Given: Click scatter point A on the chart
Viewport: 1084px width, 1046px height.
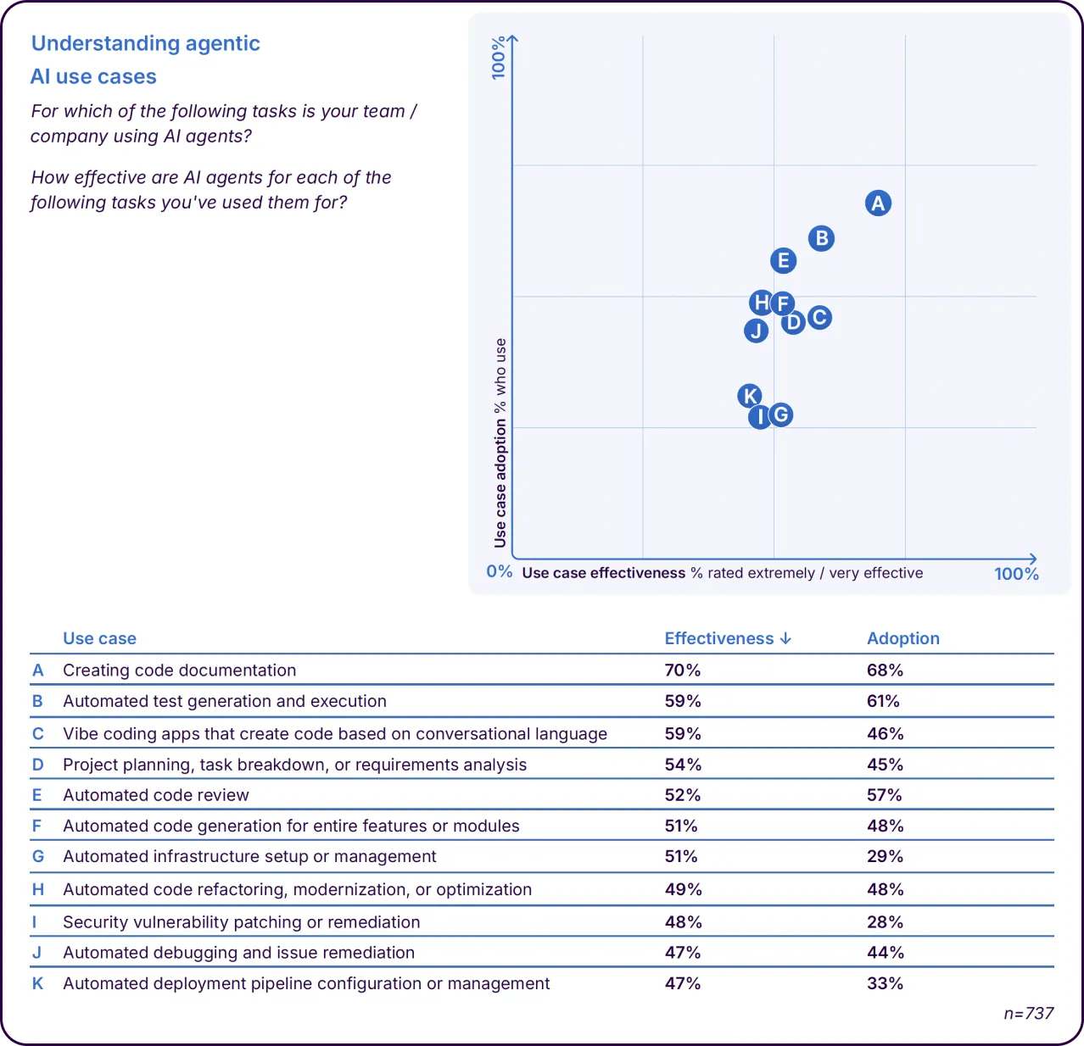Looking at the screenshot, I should [x=878, y=203].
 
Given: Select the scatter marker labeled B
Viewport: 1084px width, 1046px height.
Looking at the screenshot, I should [x=821, y=238].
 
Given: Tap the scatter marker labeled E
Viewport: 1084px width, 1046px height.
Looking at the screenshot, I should [x=784, y=260].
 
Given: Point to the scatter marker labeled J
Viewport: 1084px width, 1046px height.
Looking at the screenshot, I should [x=756, y=331].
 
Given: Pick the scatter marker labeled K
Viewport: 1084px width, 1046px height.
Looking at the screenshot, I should [x=750, y=396].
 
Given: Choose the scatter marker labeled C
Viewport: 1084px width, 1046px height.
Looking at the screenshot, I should [x=819, y=318].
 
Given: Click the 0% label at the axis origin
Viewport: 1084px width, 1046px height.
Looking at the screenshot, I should [x=499, y=571].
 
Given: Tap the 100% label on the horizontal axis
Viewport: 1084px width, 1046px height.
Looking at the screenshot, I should [x=1016, y=574].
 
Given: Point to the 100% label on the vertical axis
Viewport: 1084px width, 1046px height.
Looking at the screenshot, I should [x=499, y=58].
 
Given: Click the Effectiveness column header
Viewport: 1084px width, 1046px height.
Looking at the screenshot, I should [x=727, y=638].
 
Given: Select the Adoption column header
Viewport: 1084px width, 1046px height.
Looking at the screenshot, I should [x=902, y=638].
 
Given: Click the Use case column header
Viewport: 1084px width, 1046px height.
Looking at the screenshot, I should [x=99, y=638].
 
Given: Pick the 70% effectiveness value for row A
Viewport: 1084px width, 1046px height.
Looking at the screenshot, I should [x=682, y=670].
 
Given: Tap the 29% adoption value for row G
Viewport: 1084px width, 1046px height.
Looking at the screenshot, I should [x=885, y=857].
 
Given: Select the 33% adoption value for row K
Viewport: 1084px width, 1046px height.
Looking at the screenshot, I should [x=885, y=984].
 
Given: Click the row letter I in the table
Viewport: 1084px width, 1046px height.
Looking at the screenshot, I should [x=35, y=922].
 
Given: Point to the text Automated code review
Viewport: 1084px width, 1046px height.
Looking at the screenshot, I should [x=156, y=795].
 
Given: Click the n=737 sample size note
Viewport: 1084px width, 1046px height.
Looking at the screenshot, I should [x=1028, y=1014].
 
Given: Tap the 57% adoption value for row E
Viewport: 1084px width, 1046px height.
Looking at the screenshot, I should [x=885, y=795].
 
